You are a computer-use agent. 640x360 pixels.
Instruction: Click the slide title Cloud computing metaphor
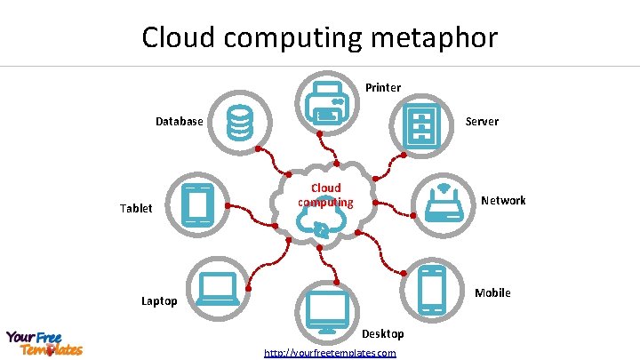pyautogui.click(x=320, y=37)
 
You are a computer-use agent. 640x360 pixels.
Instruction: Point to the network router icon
pyautogui.click(x=445, y=204)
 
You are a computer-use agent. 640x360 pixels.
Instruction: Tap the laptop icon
pyautogui.click(x=217, y=289)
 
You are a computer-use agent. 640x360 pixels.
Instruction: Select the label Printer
pyautogui.click(x=383, y=87)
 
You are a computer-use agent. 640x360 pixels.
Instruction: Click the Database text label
pyautogui.click(x=179, y=121)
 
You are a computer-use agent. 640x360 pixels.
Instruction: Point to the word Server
pyautogui.click(x=482, y=121)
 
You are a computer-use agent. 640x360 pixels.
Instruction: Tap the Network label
pyautogui.click(x=503, y=200)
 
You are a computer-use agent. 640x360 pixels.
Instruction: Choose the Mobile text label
pyautogui.click(x=492, y=292)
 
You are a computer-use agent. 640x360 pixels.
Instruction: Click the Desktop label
pyautogui.click(x=382, y=333)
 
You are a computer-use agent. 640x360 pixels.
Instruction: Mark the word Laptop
pyautogui.click(x=159, y=301)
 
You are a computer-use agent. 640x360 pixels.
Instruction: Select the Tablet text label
pyautogui.click(x=136, y=208)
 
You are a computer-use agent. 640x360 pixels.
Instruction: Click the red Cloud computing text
pyautogui.click(x=325, y=195)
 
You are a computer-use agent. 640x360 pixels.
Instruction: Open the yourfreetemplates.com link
pyautogui.click(x=330, y=353)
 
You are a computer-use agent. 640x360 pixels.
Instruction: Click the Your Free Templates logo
pyautogui.click(x=44, y=342)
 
